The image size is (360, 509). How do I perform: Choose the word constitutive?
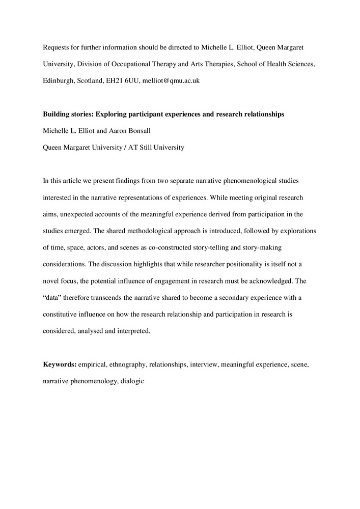point(62,315)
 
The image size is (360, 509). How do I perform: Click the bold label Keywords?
point(60,365)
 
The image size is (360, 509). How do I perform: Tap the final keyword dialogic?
point(133,381)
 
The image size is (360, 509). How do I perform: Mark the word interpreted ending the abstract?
point(133,331)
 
